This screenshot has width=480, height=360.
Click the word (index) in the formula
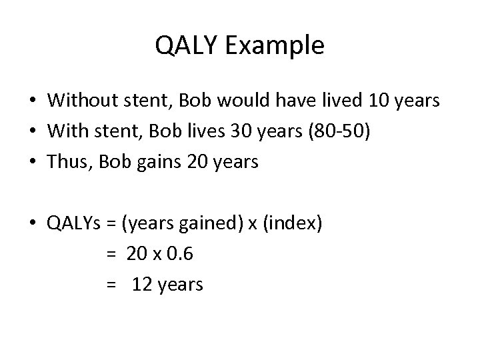pos(294,223)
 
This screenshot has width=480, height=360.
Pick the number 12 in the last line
pos(142,285)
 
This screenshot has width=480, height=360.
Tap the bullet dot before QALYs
pos(32,224)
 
